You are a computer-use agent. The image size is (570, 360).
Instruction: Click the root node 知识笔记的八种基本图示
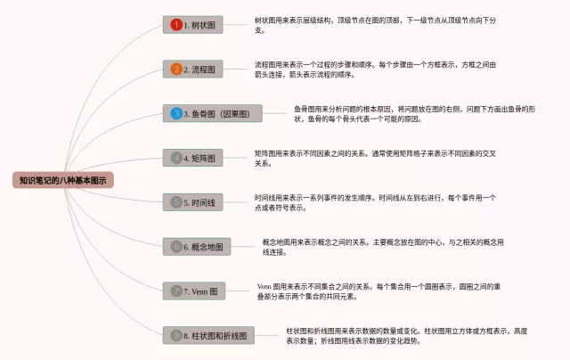(x=64, y=180)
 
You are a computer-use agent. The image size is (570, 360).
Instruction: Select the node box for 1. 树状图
(x=192, y=25)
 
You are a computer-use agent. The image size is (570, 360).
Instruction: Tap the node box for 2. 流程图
(x=192, y=69)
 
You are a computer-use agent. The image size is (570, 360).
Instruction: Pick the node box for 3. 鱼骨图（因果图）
(x=212, y=113)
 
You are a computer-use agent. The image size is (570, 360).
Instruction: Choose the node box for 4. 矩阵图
(x=192, y=158)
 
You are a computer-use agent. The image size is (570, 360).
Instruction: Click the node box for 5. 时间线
(x=192, y=202)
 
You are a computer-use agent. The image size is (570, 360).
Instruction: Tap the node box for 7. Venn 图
(x=193, y=290)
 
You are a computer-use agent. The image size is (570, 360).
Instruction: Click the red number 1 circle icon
(x=176, y=25)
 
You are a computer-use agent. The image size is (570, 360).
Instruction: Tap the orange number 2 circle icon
(x=176, y=69)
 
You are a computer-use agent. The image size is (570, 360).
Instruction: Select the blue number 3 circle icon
(x=176, y=113)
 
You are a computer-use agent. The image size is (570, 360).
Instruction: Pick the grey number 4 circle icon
(x=176, y=158)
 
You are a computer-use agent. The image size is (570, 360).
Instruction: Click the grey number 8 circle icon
(x=176, y=335)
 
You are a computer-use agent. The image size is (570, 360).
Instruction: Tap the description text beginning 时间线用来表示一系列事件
(x=374, y=202)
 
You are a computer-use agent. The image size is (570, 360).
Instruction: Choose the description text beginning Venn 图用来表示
(x=383, y=290)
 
